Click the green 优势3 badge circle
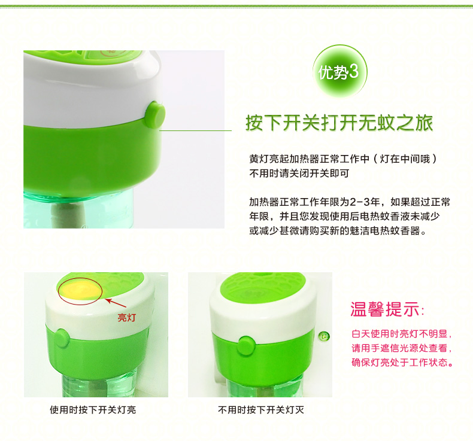[340, 72]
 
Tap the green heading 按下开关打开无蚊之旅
[339, 123]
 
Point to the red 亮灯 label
[126, 318]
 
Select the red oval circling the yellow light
[80, 291]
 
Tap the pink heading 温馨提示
[386, 309]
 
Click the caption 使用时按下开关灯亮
[97, 410]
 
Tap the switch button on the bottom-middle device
[246, 343]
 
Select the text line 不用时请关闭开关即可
[299, 174]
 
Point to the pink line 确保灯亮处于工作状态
[402, 362]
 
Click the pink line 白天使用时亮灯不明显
[402, 333]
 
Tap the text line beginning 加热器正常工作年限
[350, 201]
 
